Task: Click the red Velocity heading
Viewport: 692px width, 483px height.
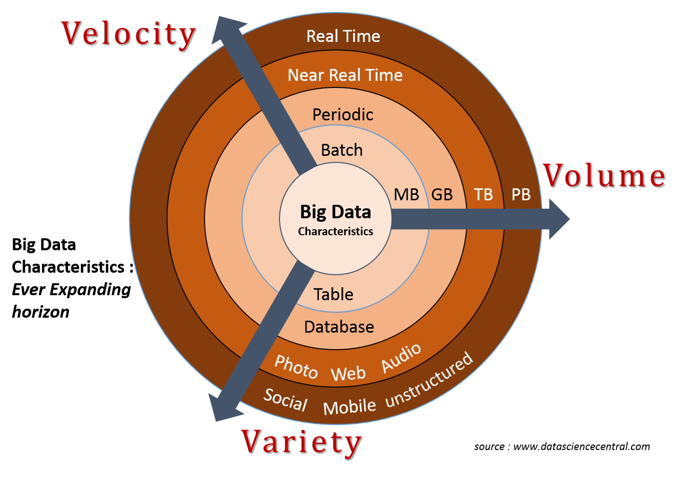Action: pos(128,34)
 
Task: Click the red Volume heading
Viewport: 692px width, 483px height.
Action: pos(604,175)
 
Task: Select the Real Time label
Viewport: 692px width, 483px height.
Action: pos(343,36)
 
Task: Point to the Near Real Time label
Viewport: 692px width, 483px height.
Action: pos(345,75)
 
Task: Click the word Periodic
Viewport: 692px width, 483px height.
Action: pos(342,114)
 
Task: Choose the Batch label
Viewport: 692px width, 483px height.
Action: pos(341,150)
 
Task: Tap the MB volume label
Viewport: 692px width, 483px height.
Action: pos(406,194)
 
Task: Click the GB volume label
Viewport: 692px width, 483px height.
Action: pos(442,194)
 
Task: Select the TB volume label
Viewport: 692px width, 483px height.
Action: pos(483,194)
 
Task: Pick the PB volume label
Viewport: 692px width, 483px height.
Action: pos(521,194)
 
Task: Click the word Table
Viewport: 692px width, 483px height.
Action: pos(333,294)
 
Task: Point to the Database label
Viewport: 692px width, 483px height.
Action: pos(339,327)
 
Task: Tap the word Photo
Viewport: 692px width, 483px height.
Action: pos(296,367)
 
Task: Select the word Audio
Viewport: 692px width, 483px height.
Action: pos(401,358)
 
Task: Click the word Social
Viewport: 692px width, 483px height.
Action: pos(285,400)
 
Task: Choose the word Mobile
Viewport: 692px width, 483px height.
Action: pos(349,406)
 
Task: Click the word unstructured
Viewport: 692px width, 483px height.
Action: pos(429,380)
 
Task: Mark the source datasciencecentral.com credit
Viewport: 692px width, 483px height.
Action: pos(562,447)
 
